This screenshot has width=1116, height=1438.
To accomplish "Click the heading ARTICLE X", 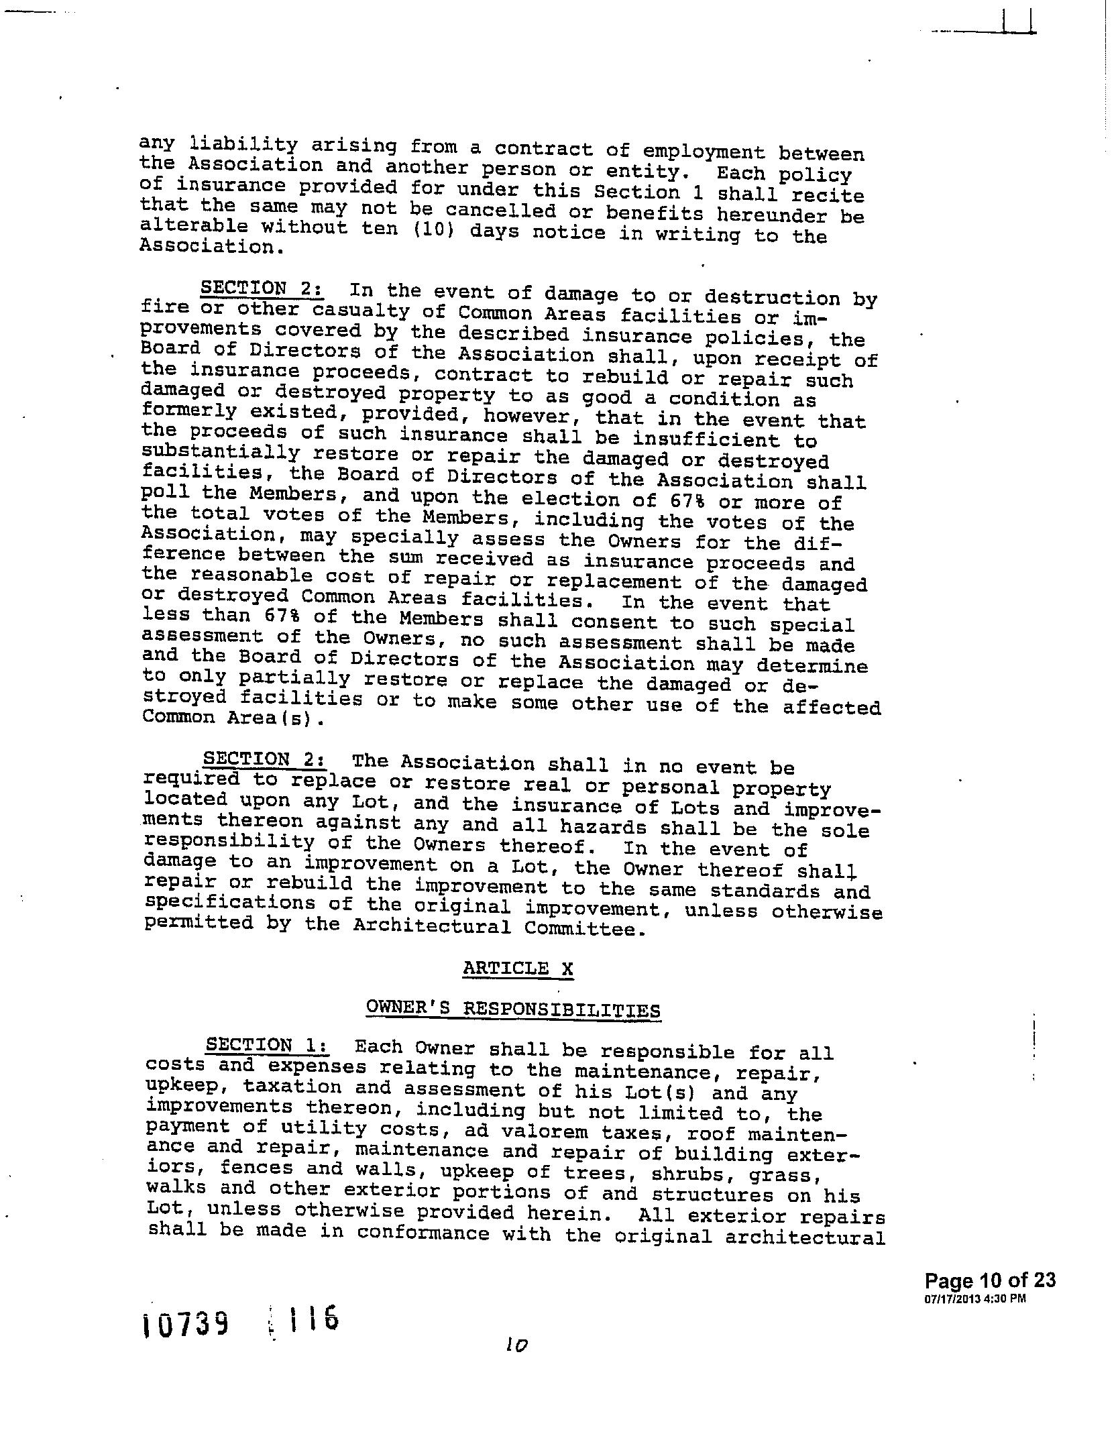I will point(518,969).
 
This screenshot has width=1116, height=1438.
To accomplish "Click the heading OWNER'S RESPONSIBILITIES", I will point(513,1009).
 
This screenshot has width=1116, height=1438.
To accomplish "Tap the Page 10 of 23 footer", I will point(989,1280).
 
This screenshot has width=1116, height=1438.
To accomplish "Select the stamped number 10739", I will point(186,1324).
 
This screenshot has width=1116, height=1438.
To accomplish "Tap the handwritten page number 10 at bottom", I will point(516,1345).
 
